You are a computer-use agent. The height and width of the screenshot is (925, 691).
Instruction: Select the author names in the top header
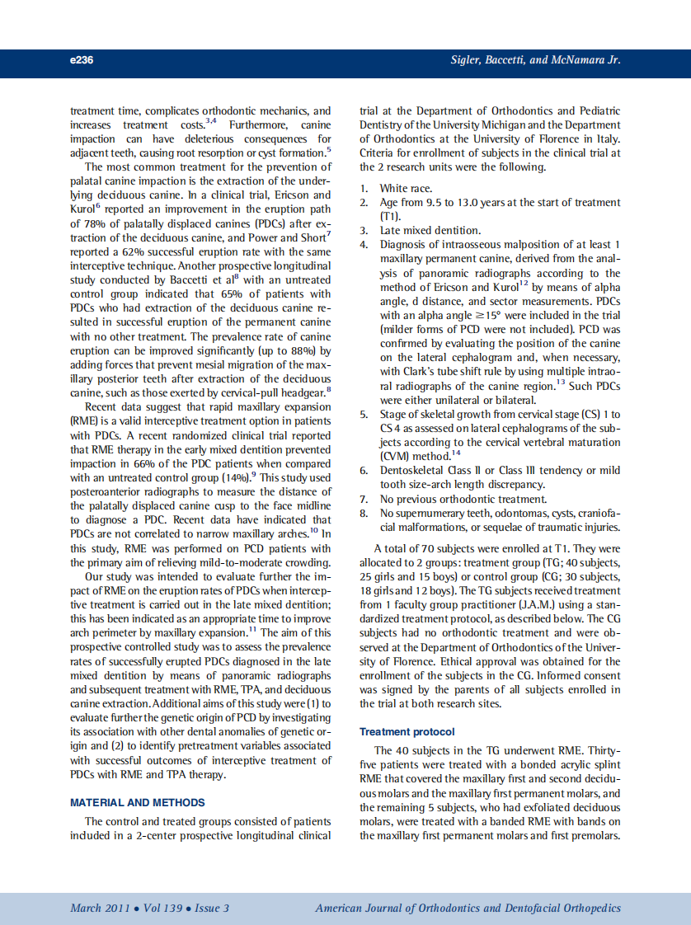point(535,59)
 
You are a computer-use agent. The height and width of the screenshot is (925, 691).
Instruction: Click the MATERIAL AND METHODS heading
point(137,802)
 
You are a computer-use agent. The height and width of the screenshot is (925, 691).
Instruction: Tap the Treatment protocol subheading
point(407,731)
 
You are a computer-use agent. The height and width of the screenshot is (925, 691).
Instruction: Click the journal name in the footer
point(468,908)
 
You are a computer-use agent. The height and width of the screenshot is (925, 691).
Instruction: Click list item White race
point(406,188)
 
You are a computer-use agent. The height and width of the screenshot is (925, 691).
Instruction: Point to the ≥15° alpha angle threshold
point(464,315)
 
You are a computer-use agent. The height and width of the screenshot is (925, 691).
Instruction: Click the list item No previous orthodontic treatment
point(463,499)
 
